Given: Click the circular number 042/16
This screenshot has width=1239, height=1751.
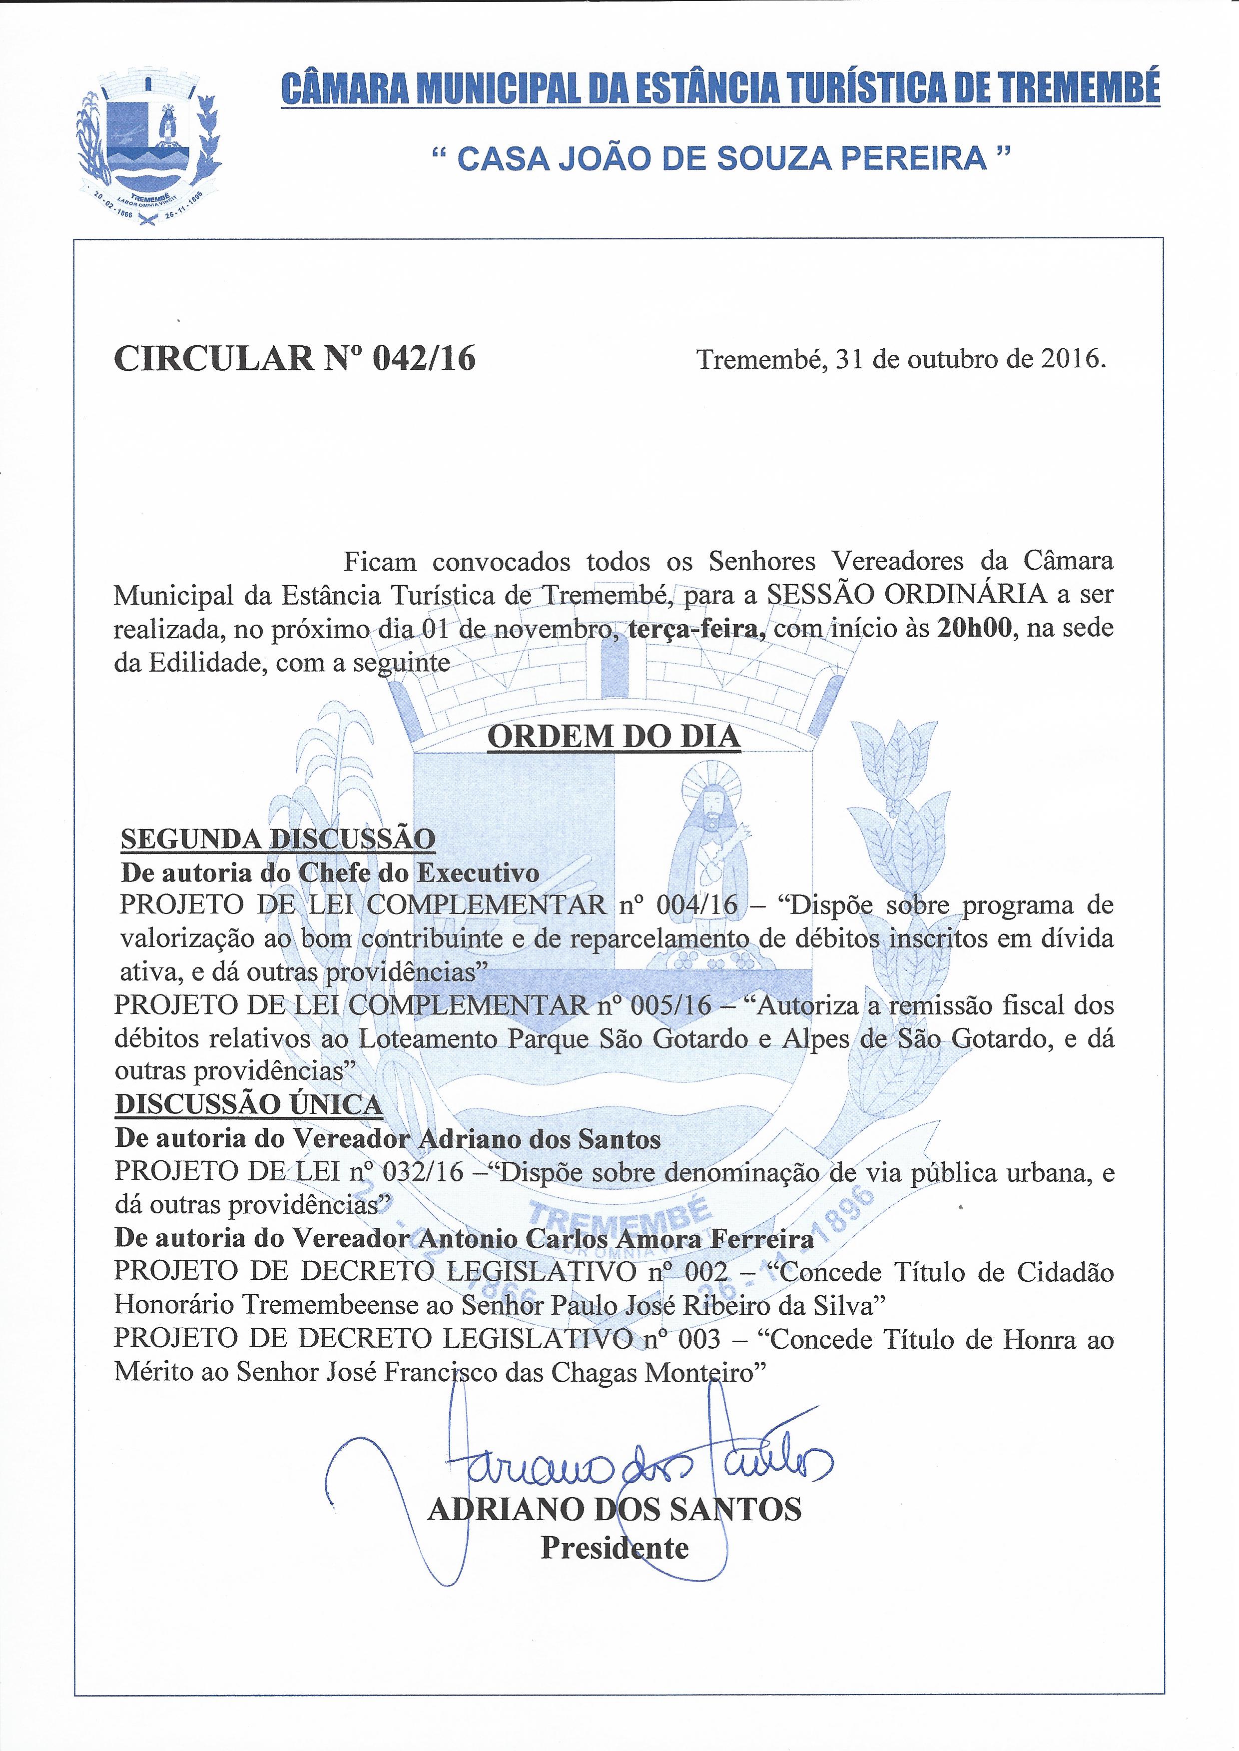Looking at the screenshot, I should tap(424, 358).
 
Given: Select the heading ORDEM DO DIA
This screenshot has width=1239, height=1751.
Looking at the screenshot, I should tap(614, 736).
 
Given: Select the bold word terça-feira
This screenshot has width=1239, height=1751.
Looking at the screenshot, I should tap(696, 628).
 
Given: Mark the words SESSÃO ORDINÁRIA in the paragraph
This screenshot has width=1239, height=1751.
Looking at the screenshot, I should tap(904, 594).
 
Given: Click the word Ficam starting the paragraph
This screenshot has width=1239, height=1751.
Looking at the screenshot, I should tap(380, 562).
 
